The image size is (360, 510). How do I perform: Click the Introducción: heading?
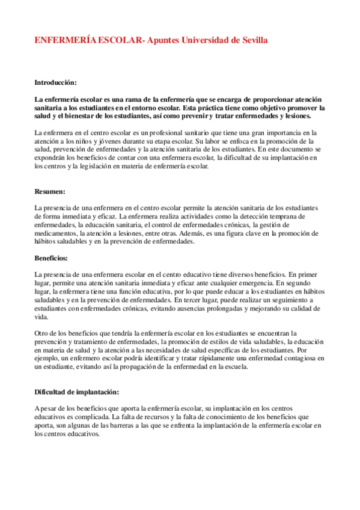[55, 82]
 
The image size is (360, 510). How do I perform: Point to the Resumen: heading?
[50, 192]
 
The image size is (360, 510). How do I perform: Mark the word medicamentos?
[58, 233]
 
